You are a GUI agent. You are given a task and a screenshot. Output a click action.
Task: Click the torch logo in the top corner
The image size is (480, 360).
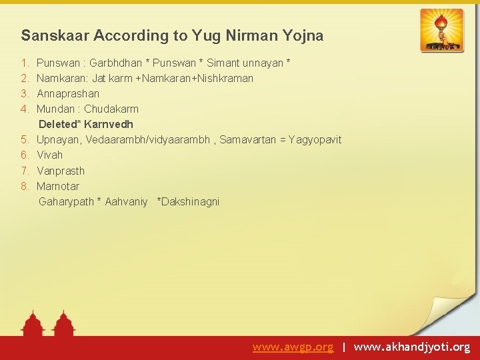441,30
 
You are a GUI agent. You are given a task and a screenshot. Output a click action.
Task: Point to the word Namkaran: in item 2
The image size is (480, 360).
63,78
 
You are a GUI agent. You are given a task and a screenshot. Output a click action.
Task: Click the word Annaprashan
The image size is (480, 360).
68,93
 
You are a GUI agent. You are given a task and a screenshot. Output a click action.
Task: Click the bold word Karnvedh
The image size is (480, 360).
109,124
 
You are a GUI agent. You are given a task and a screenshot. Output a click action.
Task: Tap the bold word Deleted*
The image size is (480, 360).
60,124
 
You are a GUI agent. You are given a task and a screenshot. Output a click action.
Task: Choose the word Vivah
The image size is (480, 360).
50,155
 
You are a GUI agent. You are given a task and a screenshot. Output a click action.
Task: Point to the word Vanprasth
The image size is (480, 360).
61,171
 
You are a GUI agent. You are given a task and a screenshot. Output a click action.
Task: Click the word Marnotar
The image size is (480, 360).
58,186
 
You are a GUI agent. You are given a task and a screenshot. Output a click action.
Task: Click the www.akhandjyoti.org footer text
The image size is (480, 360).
412,347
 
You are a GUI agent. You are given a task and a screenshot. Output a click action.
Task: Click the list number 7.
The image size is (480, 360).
24,171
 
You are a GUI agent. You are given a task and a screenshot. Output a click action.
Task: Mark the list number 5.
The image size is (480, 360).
24,139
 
